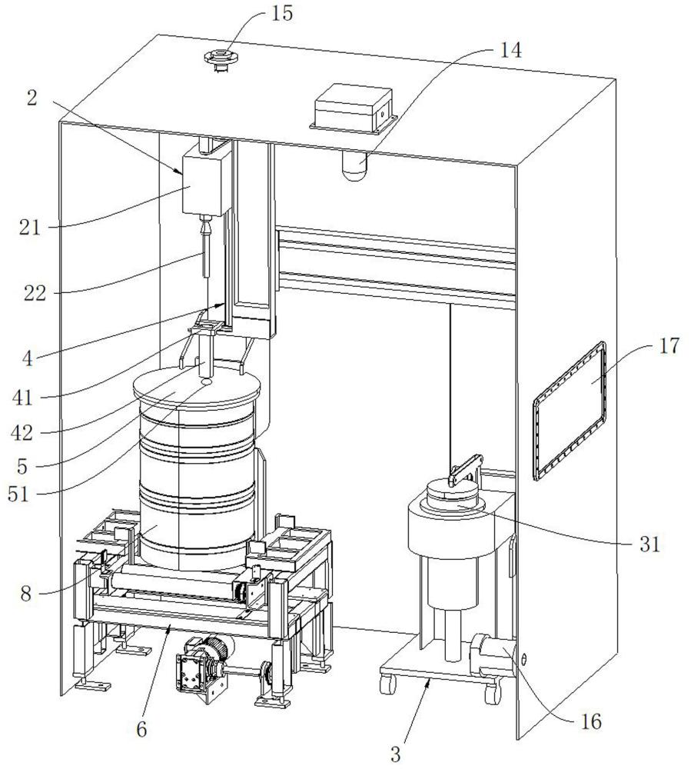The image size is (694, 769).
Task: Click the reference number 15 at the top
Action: coord(281,14)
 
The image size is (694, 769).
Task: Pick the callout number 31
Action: coord(649,544)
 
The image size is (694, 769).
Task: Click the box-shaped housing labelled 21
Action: coord(205,181)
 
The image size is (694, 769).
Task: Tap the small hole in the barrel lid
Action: coord(206,380)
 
